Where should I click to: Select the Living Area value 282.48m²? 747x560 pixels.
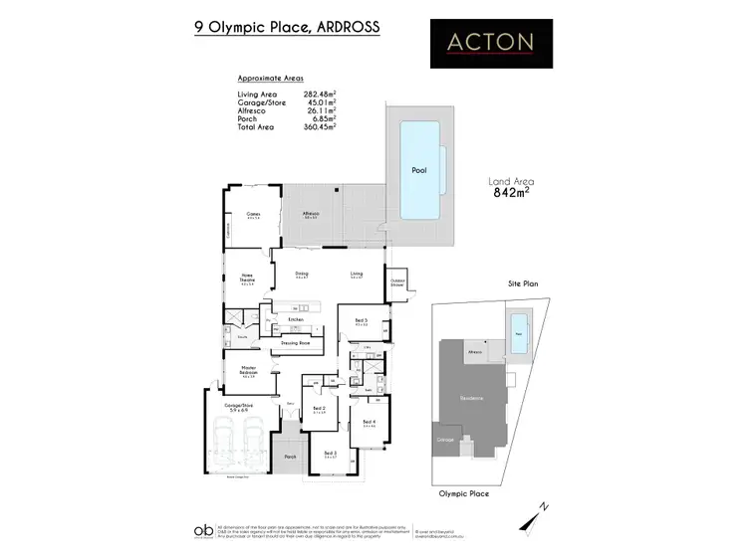[319, 94]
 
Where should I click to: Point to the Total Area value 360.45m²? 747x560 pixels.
[319, 126]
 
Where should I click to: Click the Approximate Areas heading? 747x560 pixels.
[271, 78]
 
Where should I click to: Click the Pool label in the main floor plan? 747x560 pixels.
[419, 170]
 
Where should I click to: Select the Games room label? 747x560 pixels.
[253, 213]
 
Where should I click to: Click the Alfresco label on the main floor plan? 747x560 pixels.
[311, 213]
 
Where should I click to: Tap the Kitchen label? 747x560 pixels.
[295, 319]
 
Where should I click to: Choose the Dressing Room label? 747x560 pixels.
[297, 342]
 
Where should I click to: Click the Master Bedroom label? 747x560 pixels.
[249, 372]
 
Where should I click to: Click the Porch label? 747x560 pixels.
[291, 457]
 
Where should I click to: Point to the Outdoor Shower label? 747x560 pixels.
[397, 280]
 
